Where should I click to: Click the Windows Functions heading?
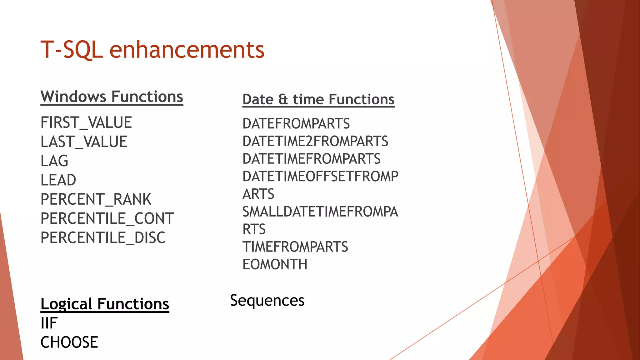[112, 97]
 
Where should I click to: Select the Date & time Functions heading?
[318, 99]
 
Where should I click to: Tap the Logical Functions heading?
[105, 304]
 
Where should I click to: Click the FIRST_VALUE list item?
[86, 122]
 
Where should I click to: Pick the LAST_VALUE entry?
[84, 142]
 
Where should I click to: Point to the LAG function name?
[54, 161]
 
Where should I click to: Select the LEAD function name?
[58, 180]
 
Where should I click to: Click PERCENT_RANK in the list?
[96, 199]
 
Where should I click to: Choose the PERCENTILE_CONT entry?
[107, 218]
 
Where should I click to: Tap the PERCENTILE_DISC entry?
[103, 238]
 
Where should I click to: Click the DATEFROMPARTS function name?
[296, 124]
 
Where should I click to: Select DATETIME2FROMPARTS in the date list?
[315, 141]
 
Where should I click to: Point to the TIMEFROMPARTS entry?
[295, 247]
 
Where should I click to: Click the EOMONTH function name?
[275, 264]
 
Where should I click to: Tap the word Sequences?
[267, 301]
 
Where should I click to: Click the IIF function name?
[49, 323]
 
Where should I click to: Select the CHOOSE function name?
[69, 342]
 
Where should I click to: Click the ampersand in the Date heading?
[283, 99]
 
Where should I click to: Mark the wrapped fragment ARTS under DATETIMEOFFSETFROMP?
[258, 194]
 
